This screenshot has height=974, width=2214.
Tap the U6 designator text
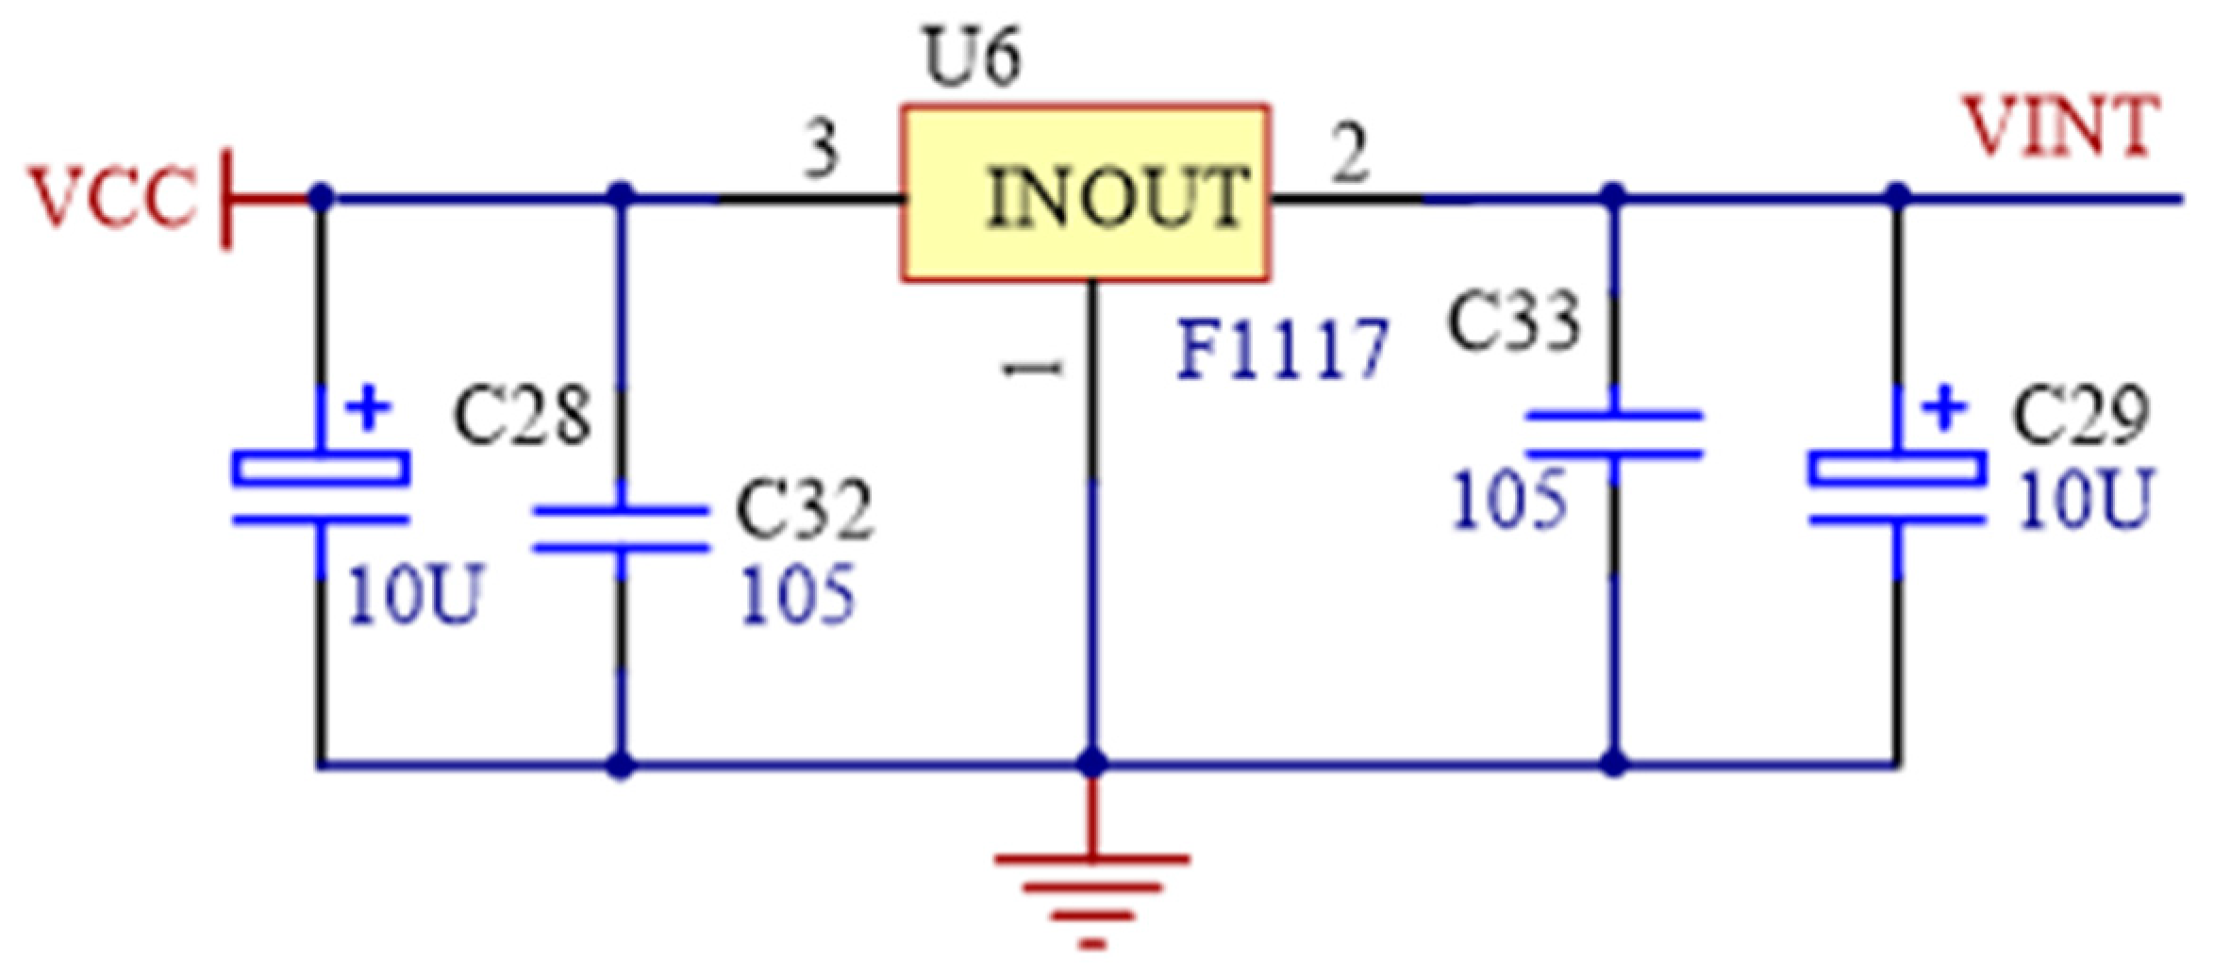coord(973,59)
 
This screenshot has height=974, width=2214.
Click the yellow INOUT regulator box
coord(1085,193)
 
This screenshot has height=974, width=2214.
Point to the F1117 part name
coord(1283,349)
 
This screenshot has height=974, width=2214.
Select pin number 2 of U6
coord(1349,154)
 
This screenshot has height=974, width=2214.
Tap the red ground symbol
coord(1091,896)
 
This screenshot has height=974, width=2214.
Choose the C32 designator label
coord(804,510)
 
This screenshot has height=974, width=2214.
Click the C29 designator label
coord(2080,416)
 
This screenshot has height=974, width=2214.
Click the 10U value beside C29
coord(2085,500)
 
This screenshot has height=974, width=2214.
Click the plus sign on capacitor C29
coord(1944,409)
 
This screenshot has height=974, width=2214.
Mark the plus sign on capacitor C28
coord(368,409)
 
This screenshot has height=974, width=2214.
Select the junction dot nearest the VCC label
coord(321,198)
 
